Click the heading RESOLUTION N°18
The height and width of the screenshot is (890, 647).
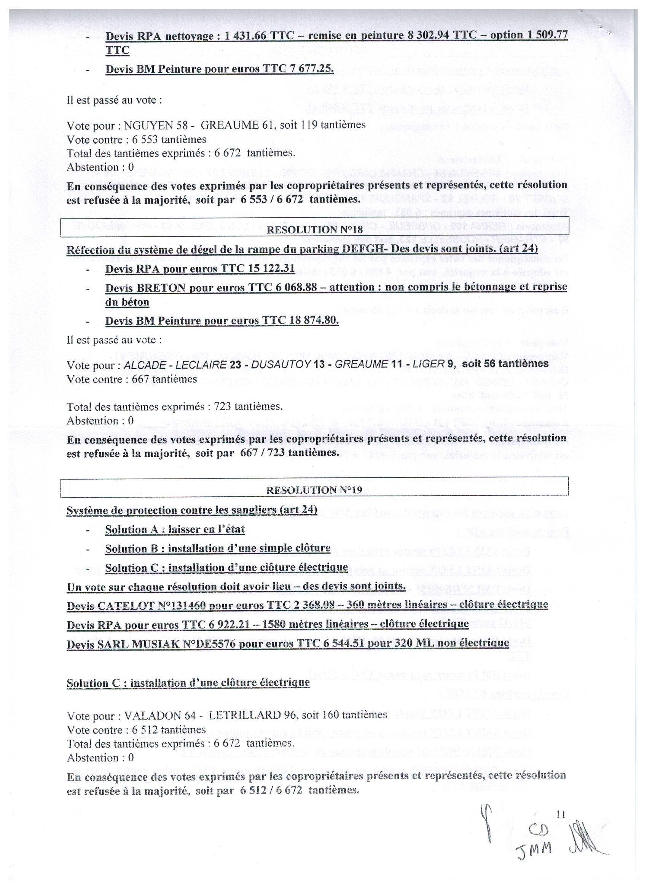[314, 230]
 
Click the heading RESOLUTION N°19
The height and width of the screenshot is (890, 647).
[314, 490]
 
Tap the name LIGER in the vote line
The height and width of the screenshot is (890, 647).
[431, 365]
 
